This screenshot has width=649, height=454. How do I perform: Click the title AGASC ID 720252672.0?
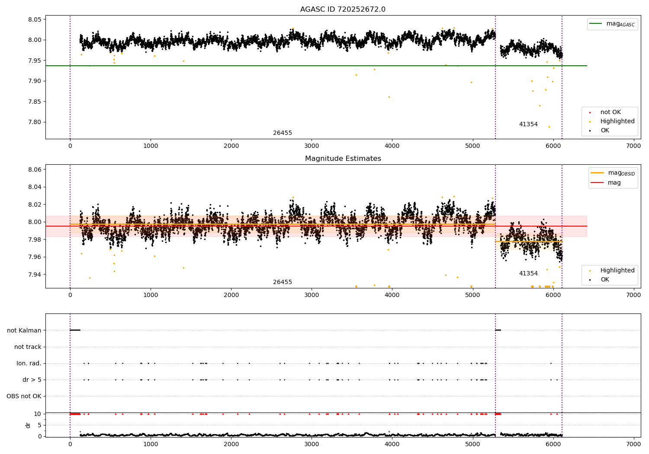pyautogui.click(x=343, y=9)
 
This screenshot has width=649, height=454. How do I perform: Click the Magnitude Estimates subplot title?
pyautogui.click(x=343, y=158)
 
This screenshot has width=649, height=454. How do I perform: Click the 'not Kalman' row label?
pyautogui.click(x=24, y=330)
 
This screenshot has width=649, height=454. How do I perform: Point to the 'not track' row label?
pyautogui.click(x=28, y=347)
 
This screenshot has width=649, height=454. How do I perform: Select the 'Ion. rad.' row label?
pyautogui.click(x=29, y=363)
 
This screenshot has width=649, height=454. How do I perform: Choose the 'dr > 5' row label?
pyautogui.click(x=32, y=380)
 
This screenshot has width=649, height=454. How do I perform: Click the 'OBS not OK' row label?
pyautogui.click(x=24, y=396)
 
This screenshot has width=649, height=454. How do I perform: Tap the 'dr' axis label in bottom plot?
pyautogui.click(x=28, y=425)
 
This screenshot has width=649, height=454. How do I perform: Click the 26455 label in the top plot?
pyautogui.click(x=283, y=133)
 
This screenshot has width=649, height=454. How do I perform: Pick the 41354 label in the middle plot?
pyautogui.click(x=528, y=273)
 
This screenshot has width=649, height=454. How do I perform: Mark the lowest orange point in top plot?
pyautogui.click(x=549, y=127)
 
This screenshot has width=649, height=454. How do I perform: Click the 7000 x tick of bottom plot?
pyautogui.click(x=633, y=444)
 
